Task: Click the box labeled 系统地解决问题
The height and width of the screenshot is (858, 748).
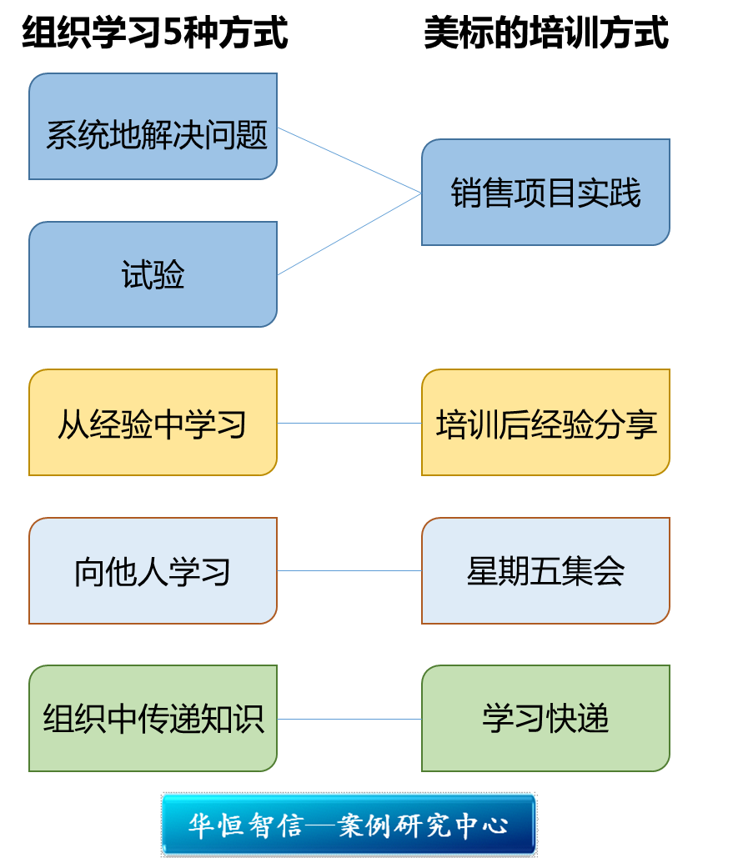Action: click(153, 127)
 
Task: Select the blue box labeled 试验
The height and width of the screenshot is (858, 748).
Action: click(153, 274)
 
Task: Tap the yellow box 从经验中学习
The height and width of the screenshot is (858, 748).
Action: click(153, 423)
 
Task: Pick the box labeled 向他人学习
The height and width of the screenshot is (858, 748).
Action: click(153, 571)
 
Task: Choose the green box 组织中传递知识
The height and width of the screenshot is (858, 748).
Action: click(153, 719)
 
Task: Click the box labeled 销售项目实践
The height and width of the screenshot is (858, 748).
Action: click(545, 193)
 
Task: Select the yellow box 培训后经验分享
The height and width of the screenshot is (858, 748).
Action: click(545, 423)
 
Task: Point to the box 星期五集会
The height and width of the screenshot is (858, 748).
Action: click(545, 571)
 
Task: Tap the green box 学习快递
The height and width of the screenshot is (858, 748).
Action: click(545, 719)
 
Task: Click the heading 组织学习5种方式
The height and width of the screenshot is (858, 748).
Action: click(155, 34)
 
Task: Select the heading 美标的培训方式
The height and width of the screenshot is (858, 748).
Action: click(545, 34)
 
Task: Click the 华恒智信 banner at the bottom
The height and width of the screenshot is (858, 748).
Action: click(349, 825)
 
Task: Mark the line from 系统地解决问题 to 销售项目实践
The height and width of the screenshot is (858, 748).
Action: click(349, 160)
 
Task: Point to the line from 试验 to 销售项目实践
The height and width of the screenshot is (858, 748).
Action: click(349, 233)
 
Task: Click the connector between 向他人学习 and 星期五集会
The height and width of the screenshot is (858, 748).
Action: click(349, 571)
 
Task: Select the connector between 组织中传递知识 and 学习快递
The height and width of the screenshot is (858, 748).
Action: click(349, 719)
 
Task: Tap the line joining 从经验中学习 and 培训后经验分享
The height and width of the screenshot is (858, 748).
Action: click(349, 423)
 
